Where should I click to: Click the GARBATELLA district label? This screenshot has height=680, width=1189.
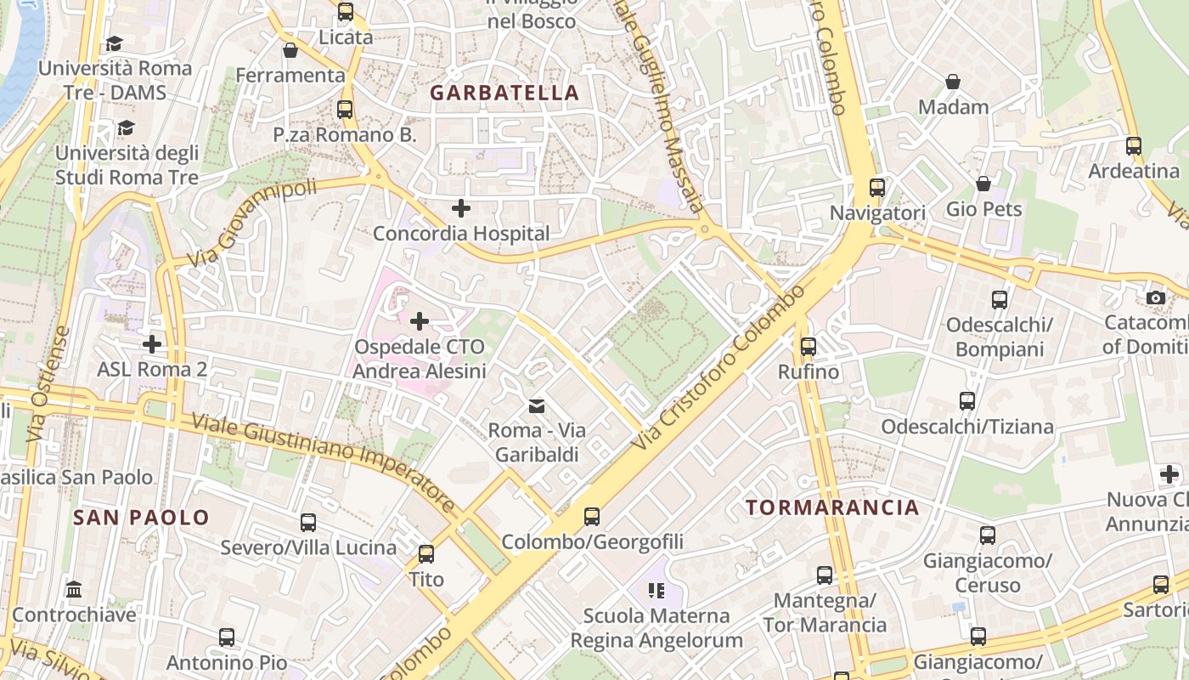pos(504,93)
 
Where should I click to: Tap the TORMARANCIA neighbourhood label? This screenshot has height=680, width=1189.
pos(832,507)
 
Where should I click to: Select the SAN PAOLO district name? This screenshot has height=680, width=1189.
pos(141,517)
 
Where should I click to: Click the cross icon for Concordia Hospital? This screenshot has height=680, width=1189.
pos(461,207)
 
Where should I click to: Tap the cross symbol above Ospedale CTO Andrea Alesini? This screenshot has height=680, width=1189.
pos(420,321)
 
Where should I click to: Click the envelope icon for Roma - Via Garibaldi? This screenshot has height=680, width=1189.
pos(537,405)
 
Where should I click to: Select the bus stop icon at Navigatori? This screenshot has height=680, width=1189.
pos(877,187)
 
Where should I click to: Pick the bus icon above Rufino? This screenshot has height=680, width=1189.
pos(809,346)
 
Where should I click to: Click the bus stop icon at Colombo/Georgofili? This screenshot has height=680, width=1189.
pos(592,516)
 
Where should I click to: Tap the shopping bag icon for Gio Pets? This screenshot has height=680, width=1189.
pos(983,184)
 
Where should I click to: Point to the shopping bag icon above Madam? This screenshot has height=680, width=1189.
pos(953,82)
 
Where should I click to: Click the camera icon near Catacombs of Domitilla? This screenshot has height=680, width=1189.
pos(1155,297)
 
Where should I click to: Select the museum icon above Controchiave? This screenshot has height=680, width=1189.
pos(74,589)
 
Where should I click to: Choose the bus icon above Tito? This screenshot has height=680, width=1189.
pos(426,553)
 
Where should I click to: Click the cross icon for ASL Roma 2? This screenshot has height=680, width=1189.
pos(152,343)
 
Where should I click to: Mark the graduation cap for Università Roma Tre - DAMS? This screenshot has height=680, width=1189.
pos(114,43)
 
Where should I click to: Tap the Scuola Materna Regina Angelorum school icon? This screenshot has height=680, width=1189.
pos(656,589)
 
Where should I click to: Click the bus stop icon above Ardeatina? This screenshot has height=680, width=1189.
pos(1134,145)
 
